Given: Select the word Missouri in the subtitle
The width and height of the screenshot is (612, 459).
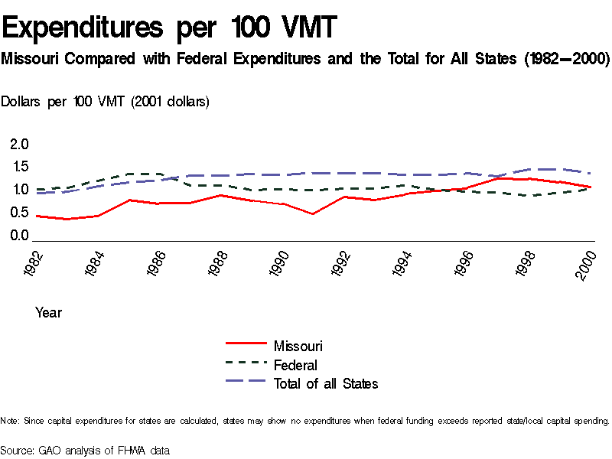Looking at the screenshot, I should click(30, 59).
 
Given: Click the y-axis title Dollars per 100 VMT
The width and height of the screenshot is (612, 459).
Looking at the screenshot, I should click(106, 101).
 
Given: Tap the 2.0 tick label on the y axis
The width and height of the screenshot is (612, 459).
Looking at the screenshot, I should click(19, 145).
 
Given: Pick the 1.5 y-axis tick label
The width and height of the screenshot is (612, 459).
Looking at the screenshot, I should click(19, 167).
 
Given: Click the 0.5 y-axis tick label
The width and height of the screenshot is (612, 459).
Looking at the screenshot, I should click(19, 213).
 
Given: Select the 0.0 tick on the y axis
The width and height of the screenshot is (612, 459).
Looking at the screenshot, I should click(19, 236).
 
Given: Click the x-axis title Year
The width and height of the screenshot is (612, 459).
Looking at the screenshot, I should click(48, 313).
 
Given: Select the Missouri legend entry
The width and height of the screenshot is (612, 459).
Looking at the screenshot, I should click(298, 347).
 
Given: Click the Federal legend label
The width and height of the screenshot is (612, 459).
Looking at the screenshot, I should click(295, 365).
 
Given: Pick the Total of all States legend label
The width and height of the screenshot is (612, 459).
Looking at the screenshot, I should click(325, 383).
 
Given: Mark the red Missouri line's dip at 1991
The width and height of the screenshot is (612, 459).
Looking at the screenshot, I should click(313, 214).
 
